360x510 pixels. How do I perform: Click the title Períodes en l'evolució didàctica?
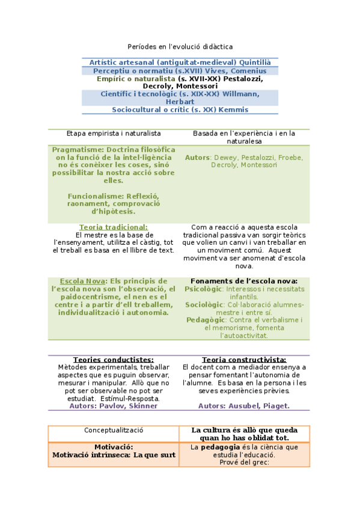point(180,46)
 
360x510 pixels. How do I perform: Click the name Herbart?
point(180,102)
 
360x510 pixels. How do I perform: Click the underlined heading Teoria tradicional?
point(113,227)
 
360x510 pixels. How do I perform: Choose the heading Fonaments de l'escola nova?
point(243,281)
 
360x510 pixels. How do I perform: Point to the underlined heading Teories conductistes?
point(113,359)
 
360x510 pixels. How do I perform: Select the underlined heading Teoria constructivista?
point(244,359)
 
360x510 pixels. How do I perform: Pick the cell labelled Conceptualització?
point(113,431)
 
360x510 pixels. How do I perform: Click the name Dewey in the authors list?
point(225,157)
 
